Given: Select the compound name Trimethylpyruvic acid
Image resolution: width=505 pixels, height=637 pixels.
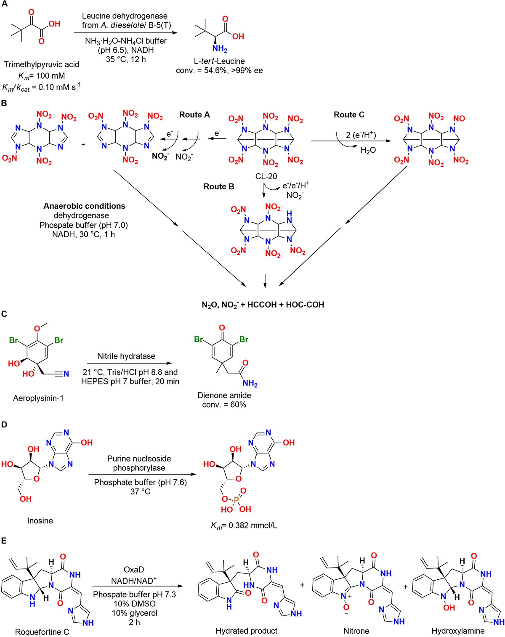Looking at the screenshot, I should coord(41,64).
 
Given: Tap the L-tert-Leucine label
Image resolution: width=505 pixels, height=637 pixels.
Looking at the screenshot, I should coord(219,61).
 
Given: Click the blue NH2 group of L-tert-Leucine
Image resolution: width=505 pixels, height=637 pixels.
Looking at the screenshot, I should coord(219,49).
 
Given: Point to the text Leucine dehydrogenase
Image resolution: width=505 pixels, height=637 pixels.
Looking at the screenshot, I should coord(125,16).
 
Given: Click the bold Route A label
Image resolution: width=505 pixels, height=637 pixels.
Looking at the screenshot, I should coord(194,115).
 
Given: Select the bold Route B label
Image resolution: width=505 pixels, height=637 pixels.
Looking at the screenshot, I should coord(219,186).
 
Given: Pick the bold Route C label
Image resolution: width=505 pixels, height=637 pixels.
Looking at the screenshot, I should coord(349,115).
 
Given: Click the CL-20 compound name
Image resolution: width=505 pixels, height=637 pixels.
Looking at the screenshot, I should coord(266,176).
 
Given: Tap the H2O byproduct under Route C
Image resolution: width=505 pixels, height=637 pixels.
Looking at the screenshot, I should coord(368,150).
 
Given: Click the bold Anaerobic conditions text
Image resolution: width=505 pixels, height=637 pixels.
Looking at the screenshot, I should coord(84,206).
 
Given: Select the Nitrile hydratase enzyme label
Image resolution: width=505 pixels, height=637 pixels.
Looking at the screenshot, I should coord(126,356).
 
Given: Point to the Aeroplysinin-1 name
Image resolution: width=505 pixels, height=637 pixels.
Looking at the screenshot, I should coord(38,398).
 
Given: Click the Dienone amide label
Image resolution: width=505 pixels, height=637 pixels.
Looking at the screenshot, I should coord(224,395).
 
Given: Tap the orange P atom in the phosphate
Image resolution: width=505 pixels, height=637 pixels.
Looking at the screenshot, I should coord(236,499).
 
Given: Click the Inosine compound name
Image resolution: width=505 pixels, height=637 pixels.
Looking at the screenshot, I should coord(40,521).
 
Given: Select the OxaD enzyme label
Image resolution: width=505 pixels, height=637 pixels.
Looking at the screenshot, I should coord(134,570).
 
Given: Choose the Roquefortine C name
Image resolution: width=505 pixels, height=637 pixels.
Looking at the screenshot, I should coord(42,632).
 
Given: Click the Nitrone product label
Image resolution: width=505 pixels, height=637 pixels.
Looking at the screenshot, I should coord(356,631).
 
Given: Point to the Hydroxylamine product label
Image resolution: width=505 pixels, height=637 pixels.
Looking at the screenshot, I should coord(458,631).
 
